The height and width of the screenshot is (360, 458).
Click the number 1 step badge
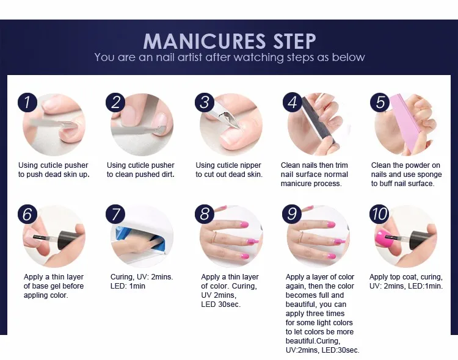pos(27,102)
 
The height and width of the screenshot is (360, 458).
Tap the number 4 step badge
pos(293,102)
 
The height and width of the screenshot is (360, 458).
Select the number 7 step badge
pos(115,214)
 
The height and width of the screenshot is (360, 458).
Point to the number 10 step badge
pos(379,214)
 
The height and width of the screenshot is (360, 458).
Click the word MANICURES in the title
pos(205,41)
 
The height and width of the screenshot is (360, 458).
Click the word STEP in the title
pos(294,41)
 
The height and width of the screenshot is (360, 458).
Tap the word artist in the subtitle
pos(190,57)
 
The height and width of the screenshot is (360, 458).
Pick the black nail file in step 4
pos(319,121)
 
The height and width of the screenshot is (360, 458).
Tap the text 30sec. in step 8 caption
pos(229,304)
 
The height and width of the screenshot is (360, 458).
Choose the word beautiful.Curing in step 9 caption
pos(313,341)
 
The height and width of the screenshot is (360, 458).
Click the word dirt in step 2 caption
pos(167,175)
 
